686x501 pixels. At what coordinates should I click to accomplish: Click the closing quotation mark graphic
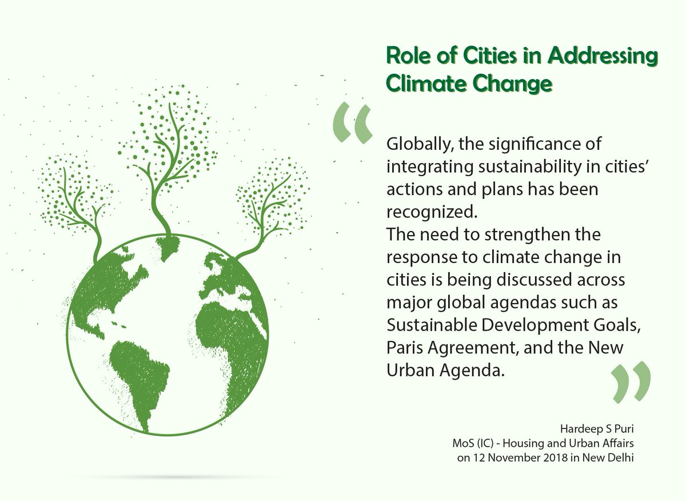click(x=631, y=381)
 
